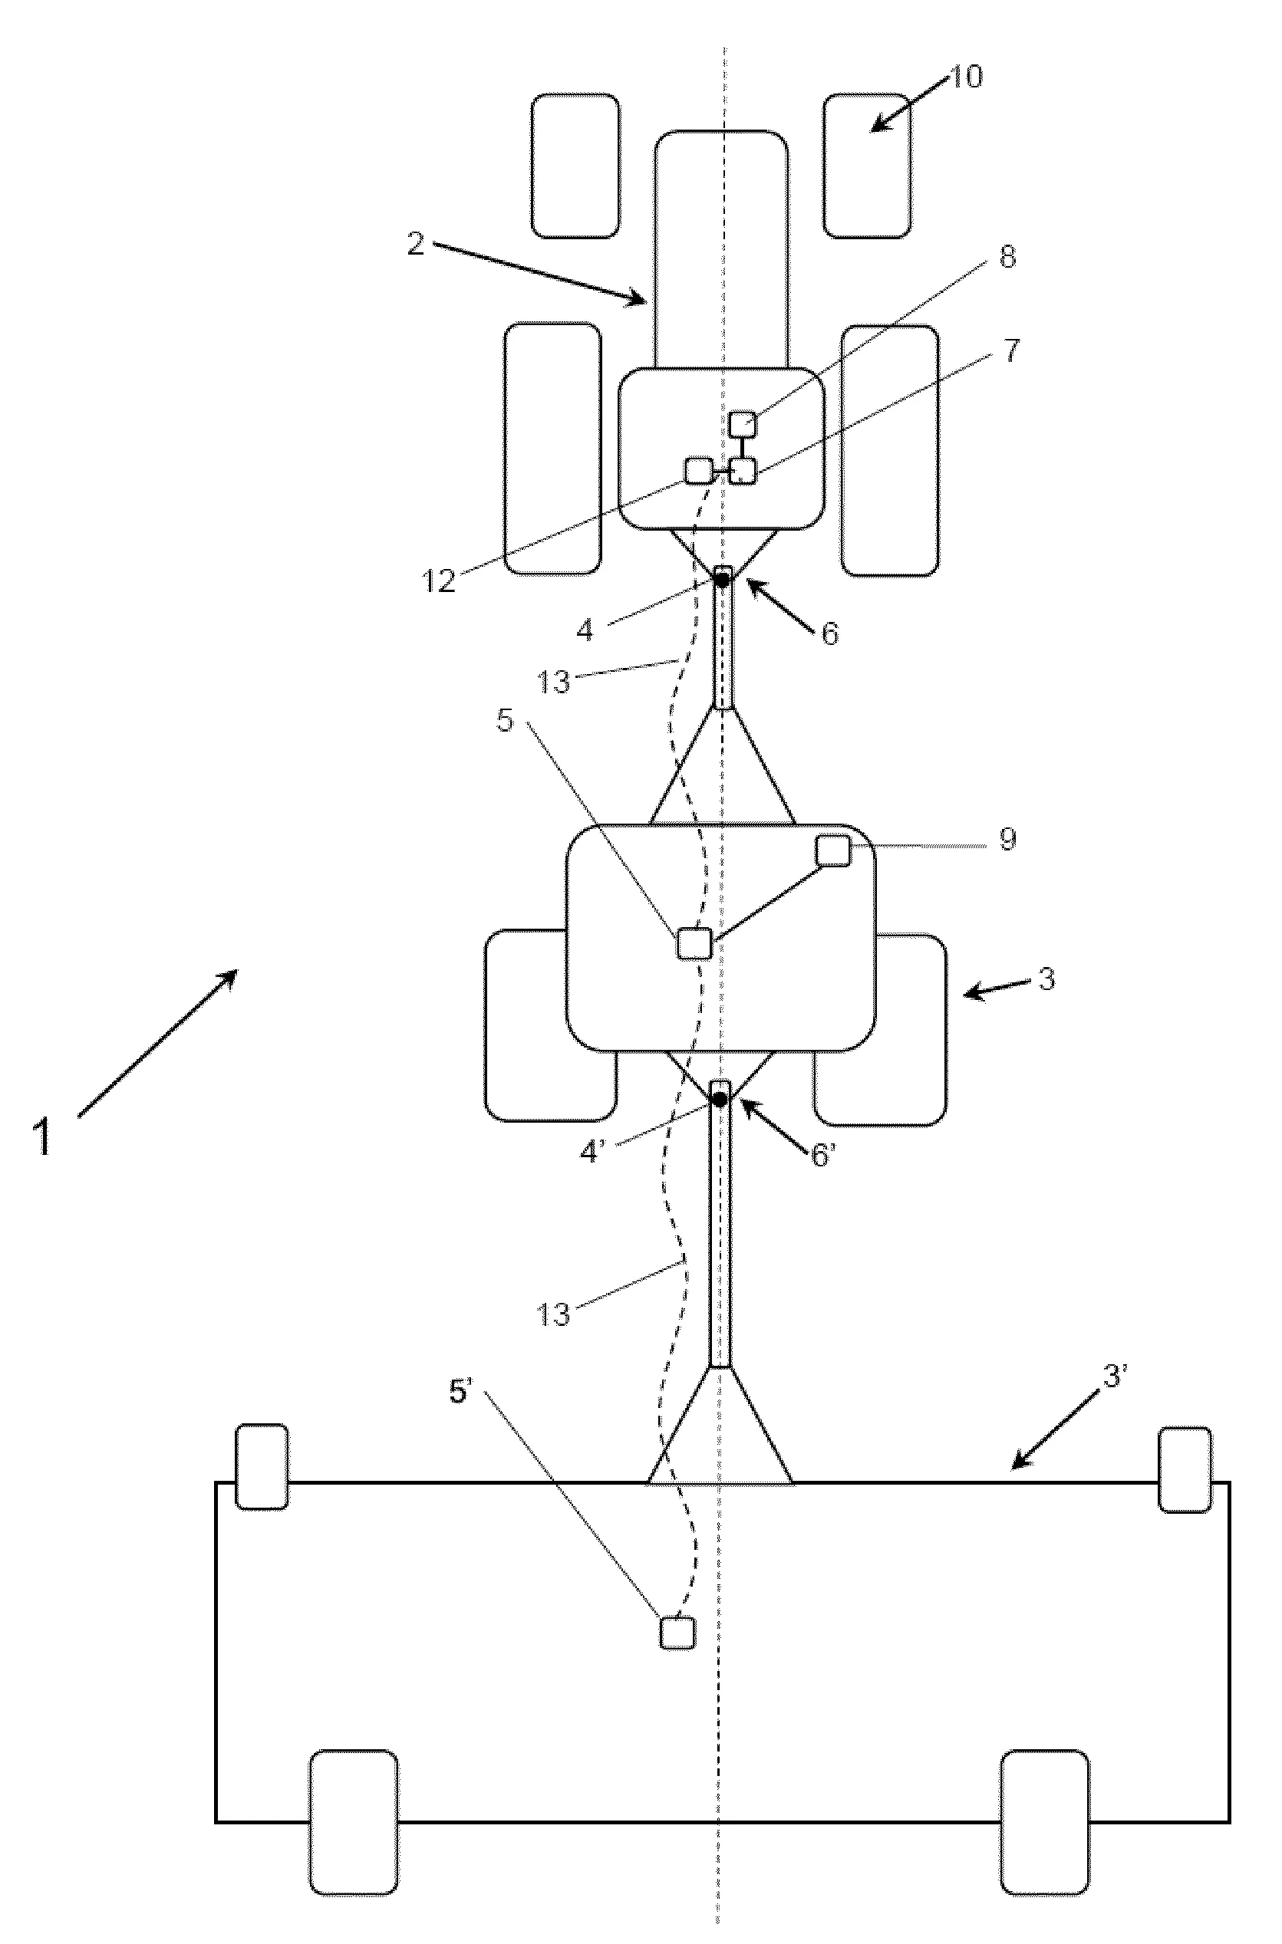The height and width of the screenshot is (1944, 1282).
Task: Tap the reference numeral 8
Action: [x=1007, y=257]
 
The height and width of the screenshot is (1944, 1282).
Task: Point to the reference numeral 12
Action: [x=438, y=581]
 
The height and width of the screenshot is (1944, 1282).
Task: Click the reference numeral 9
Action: [x=1007, y=839]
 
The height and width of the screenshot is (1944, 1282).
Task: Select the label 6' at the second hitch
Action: [x=823, y=1156]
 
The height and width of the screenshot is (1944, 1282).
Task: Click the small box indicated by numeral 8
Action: [x=743, y=424]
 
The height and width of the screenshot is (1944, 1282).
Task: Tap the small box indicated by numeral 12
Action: [x=697, y=471]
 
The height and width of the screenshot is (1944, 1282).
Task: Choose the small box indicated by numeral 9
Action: [x=833, y=850]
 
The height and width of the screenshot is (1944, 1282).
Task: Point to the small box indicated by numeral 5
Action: [x=694, y=944]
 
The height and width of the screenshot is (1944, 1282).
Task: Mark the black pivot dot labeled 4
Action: [x=723, y=579]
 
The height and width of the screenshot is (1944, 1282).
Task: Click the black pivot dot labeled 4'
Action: [x=720, y=1099]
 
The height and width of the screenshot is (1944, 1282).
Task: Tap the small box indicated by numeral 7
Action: [x=743, y=471]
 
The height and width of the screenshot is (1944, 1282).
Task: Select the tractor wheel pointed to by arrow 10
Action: [x=867, y=166]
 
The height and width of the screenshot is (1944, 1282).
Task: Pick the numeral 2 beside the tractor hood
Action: [x=416, y=245]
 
